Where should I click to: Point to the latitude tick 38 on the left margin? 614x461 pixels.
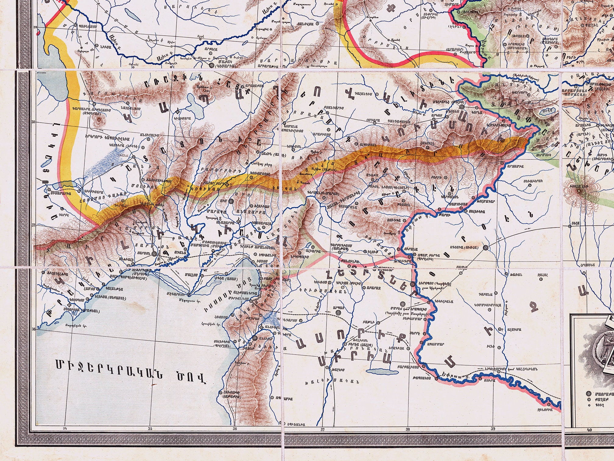(34, 122)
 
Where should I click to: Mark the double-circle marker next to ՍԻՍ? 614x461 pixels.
(231, 201)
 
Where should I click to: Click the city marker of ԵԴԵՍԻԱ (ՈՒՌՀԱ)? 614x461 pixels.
(486, 248)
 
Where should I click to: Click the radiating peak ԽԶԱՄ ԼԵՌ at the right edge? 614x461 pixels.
(579, 190)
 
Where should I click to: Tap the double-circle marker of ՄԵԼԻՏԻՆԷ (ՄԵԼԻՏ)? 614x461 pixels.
(462, 107)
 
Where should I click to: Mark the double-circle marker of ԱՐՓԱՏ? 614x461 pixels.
(338, 313)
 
